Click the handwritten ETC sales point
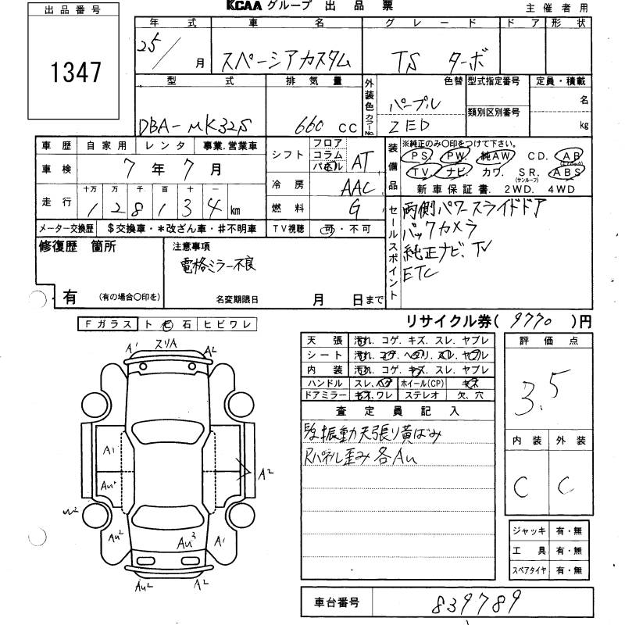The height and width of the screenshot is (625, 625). click(423, 269)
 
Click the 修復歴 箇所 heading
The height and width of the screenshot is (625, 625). click(77, 247)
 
